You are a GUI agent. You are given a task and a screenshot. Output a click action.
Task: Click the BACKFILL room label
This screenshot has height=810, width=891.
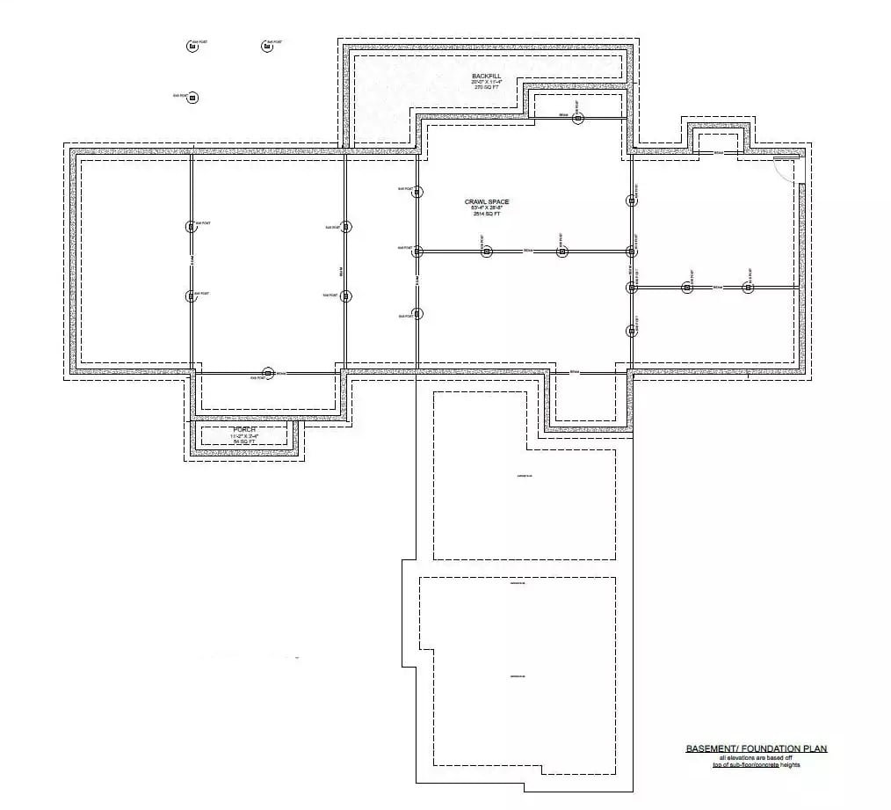(486, 77)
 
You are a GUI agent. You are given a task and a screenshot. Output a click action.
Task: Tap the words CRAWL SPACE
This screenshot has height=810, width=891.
(487, 202)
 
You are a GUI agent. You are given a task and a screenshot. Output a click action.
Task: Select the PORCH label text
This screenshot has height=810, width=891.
(244, 429)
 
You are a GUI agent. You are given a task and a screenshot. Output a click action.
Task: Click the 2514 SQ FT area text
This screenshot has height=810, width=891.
(487, 214)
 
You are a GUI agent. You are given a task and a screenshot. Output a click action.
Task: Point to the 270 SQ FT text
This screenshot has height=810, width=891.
(486, 88)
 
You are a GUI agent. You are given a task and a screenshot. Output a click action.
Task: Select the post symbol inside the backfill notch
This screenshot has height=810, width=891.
(577, 118)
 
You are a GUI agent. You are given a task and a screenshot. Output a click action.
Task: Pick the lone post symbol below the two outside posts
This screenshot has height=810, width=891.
(193, 97)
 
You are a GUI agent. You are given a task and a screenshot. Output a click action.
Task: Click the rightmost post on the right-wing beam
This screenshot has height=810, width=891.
(748, 287)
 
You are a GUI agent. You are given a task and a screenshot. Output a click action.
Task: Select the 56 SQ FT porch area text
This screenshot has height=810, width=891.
(244, 441)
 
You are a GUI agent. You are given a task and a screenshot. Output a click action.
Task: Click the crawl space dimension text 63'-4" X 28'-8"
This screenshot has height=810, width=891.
(487, 208)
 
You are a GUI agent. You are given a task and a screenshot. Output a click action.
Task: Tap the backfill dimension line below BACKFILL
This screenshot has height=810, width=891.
(486, 83)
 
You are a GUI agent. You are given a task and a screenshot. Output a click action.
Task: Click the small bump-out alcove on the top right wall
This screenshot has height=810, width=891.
(718, 140)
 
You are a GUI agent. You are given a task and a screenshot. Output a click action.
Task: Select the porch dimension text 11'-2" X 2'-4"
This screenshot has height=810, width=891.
(244, 435)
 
